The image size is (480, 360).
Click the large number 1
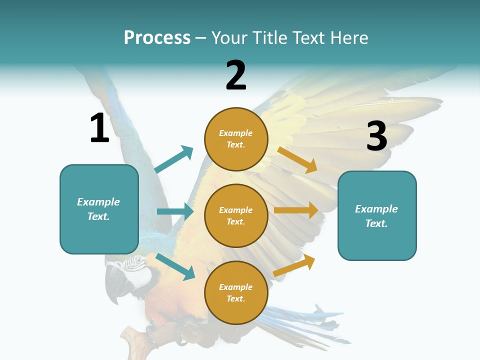[x=99, y=128]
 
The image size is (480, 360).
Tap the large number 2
[x=236, y=75]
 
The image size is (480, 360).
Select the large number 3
[x=377, y=136]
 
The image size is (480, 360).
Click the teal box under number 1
[x=99, y=209]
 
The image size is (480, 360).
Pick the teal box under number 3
[x=377, y=216]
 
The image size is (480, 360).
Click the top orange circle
[x=236, y=139]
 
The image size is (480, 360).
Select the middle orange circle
[x=236, y=215]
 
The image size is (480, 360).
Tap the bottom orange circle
[x=236, y=292]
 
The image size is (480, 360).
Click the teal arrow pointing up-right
[x=174, y=159]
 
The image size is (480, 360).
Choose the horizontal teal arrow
[x=175, y=211]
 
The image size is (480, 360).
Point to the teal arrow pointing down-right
[x=175, y=266]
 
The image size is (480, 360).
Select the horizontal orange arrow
[x=296, y=210]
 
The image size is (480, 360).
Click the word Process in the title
[x=157, y=37]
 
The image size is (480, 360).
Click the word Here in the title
[x=348, y=37]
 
